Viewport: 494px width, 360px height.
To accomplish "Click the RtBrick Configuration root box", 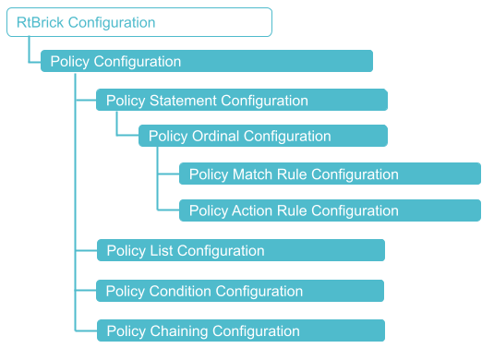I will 139,22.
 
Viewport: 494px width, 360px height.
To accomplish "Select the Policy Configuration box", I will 206,61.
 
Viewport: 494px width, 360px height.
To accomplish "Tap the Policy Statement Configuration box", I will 241,100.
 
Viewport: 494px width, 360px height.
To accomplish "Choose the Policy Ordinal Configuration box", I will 262,137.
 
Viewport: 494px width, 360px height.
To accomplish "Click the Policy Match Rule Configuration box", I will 330,174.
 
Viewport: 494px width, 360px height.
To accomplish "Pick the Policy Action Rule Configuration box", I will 330,210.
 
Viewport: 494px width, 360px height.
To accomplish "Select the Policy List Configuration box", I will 240,250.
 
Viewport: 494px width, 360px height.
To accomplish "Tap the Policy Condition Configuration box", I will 239,291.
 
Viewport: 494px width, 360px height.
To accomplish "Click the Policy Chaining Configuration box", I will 240,330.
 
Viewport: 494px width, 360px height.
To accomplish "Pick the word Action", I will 252,210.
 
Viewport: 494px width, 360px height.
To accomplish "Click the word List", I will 161,250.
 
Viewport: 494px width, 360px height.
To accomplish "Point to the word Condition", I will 181,291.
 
